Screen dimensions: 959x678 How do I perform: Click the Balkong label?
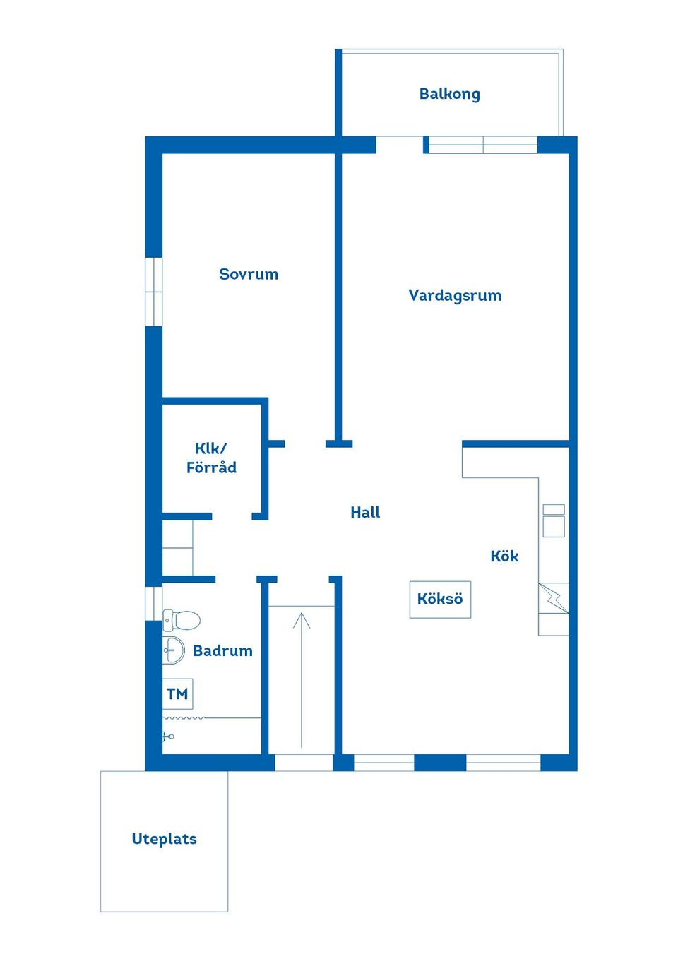449,94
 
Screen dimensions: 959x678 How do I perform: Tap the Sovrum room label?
249,274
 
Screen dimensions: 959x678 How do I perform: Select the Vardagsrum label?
455,295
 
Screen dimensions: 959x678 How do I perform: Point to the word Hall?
365,513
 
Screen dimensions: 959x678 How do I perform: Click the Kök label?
504,556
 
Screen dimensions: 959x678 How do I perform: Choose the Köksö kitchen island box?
440,600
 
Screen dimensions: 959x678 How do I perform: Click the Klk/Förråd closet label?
211,458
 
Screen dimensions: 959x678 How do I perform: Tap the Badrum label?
222,651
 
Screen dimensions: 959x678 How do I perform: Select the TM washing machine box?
177,694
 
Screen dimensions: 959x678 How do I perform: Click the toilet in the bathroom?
182,621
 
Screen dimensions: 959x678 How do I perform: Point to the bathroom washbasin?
173,650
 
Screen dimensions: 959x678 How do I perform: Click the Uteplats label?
164,839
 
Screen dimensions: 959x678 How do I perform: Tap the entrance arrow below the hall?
302,678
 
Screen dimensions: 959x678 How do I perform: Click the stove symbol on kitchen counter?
554,521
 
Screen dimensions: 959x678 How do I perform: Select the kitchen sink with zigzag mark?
554,598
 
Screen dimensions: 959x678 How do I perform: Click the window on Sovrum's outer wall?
154,292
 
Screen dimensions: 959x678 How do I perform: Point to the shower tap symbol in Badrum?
167,737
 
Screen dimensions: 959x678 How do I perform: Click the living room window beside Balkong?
483,145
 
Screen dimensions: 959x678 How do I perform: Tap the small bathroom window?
153,603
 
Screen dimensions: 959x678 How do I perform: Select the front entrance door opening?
303,763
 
